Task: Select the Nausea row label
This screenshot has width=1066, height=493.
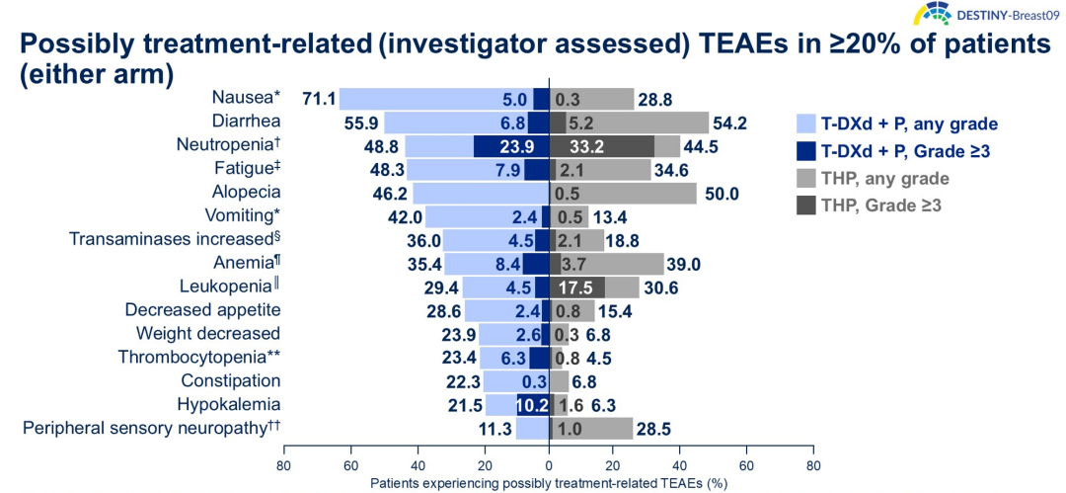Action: pos(246,97)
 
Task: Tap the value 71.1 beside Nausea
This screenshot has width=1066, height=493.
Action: pos(320,99)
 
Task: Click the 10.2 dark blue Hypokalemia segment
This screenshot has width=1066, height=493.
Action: pos(532,404)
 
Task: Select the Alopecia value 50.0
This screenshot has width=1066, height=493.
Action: pos(721,194)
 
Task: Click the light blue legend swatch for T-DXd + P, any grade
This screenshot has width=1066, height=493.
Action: pos(805,124)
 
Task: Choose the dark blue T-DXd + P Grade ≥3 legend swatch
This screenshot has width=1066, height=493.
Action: pos(805,151)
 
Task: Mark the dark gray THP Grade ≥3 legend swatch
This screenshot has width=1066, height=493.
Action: pos(805,206)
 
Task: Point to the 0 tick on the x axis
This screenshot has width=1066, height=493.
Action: pos(548,464)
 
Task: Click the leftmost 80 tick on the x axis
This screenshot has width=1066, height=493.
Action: pos(284,464)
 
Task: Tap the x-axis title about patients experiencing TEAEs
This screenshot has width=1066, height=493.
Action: pos(548,484)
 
